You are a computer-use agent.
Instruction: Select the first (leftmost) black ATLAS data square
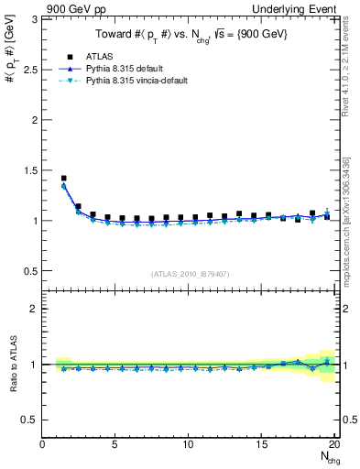(63, 179)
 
